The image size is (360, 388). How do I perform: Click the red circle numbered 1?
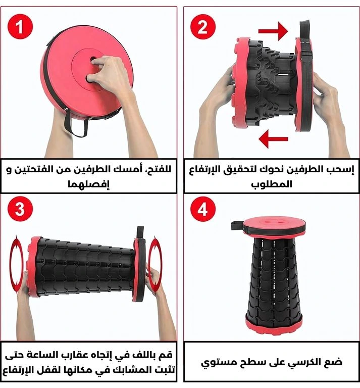(x=20, y=27)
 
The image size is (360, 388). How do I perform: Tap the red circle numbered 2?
(x=203, y=27)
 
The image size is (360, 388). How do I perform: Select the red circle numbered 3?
(x=20, y=209)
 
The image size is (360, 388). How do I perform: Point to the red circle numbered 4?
(x=203, y=209)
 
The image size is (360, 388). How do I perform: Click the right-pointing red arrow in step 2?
(x=273, y=31)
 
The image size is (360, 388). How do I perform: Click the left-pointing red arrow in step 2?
(x=273, y=139)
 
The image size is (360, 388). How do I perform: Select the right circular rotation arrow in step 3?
(x=156, y=264)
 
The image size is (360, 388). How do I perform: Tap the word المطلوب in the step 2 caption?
(x=272, y=184)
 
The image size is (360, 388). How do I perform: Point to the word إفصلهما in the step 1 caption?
(x=89, y=184)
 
